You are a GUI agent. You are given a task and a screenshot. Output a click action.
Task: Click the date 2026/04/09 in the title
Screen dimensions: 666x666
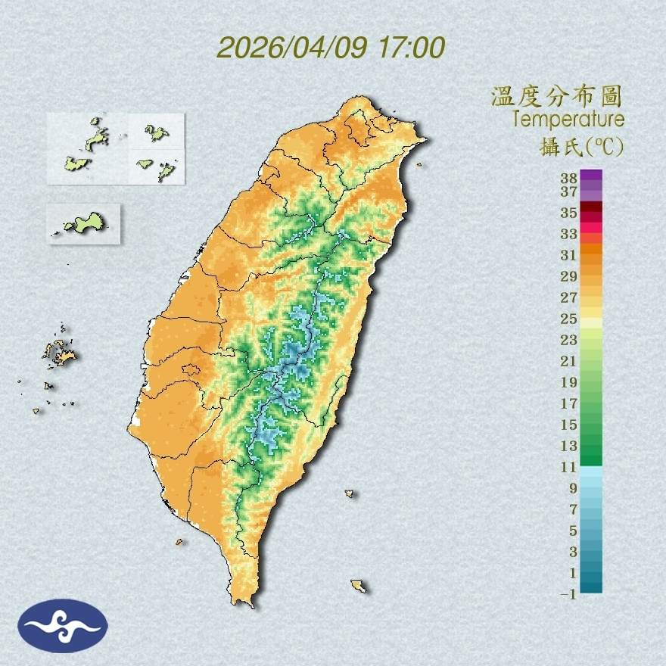pos(292,48)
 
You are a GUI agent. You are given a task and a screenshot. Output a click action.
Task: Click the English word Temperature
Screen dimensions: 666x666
pos(568,120)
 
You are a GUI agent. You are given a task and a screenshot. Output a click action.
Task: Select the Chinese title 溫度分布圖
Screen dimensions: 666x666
pos(557,96)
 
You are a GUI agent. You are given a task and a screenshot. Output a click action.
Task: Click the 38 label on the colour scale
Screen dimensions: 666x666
pos(569,179)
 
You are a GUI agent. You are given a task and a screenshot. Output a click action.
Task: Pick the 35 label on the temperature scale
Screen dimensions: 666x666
pos(569,213)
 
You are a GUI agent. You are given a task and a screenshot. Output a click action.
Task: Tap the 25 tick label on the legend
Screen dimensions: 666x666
pos(569,319)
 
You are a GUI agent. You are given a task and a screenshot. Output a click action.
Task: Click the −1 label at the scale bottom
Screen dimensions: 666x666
pos(568,595)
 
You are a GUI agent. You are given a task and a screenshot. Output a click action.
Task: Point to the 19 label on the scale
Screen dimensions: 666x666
pos(569,382)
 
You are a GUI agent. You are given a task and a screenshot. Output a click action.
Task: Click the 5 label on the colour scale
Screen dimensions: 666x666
pos(573,531)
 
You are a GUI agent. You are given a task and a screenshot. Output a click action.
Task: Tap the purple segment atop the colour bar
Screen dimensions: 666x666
pos(591,175)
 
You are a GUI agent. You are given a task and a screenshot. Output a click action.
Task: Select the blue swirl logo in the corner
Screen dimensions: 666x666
pos(64,626)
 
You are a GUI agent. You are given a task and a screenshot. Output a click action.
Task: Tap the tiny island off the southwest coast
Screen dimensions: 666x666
pos(180,541)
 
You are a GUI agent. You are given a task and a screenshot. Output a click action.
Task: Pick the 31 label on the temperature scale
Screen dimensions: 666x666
pos(569,255)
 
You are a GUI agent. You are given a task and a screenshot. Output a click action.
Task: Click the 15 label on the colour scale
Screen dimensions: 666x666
pos(569,425)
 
